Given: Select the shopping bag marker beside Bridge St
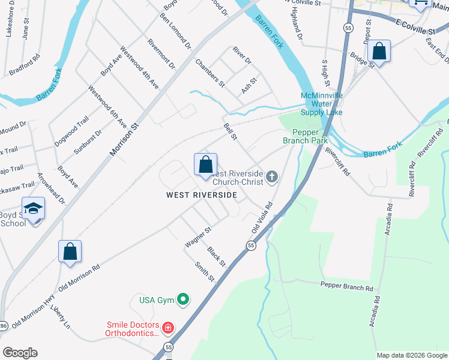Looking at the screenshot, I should coord(379,51).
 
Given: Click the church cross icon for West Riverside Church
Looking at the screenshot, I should coord(272,176).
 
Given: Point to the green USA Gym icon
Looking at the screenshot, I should coord(184,299).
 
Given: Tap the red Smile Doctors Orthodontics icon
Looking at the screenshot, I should coord(168,328).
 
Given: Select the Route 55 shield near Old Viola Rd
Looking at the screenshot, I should coord(251,245).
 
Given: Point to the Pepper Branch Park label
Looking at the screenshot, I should coord(310,136).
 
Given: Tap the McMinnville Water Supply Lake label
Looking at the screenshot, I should coord(322,104).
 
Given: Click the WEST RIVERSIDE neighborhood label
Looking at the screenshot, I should coord(202,195).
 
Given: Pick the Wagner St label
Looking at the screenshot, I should coord(198,237).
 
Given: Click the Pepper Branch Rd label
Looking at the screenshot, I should coord(347,287).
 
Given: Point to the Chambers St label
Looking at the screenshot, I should coord(209,73).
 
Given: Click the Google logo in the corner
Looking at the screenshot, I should coord(20,353).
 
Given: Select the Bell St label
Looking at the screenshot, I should coord(231,132).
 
